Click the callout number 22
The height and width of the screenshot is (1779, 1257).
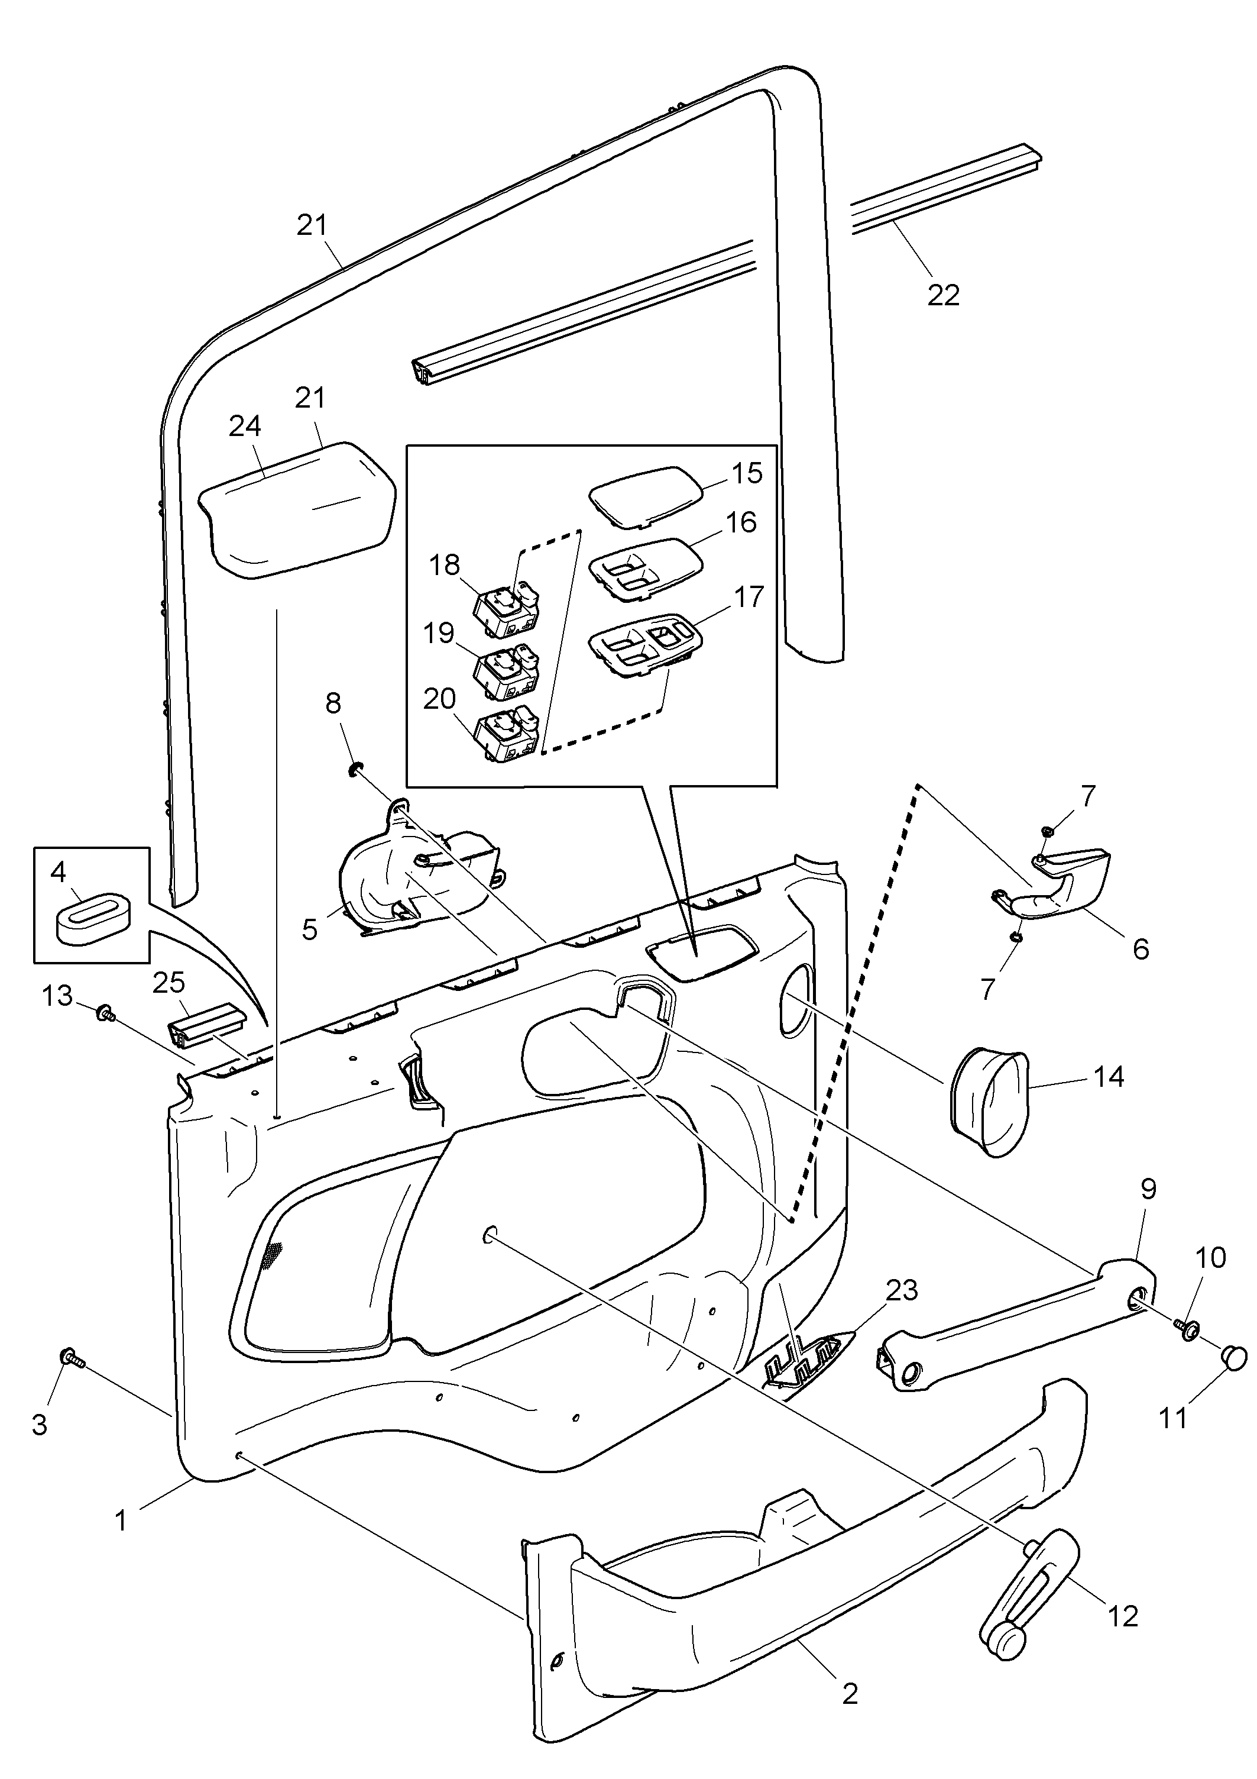942,295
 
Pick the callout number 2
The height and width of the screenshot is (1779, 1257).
850,1694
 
